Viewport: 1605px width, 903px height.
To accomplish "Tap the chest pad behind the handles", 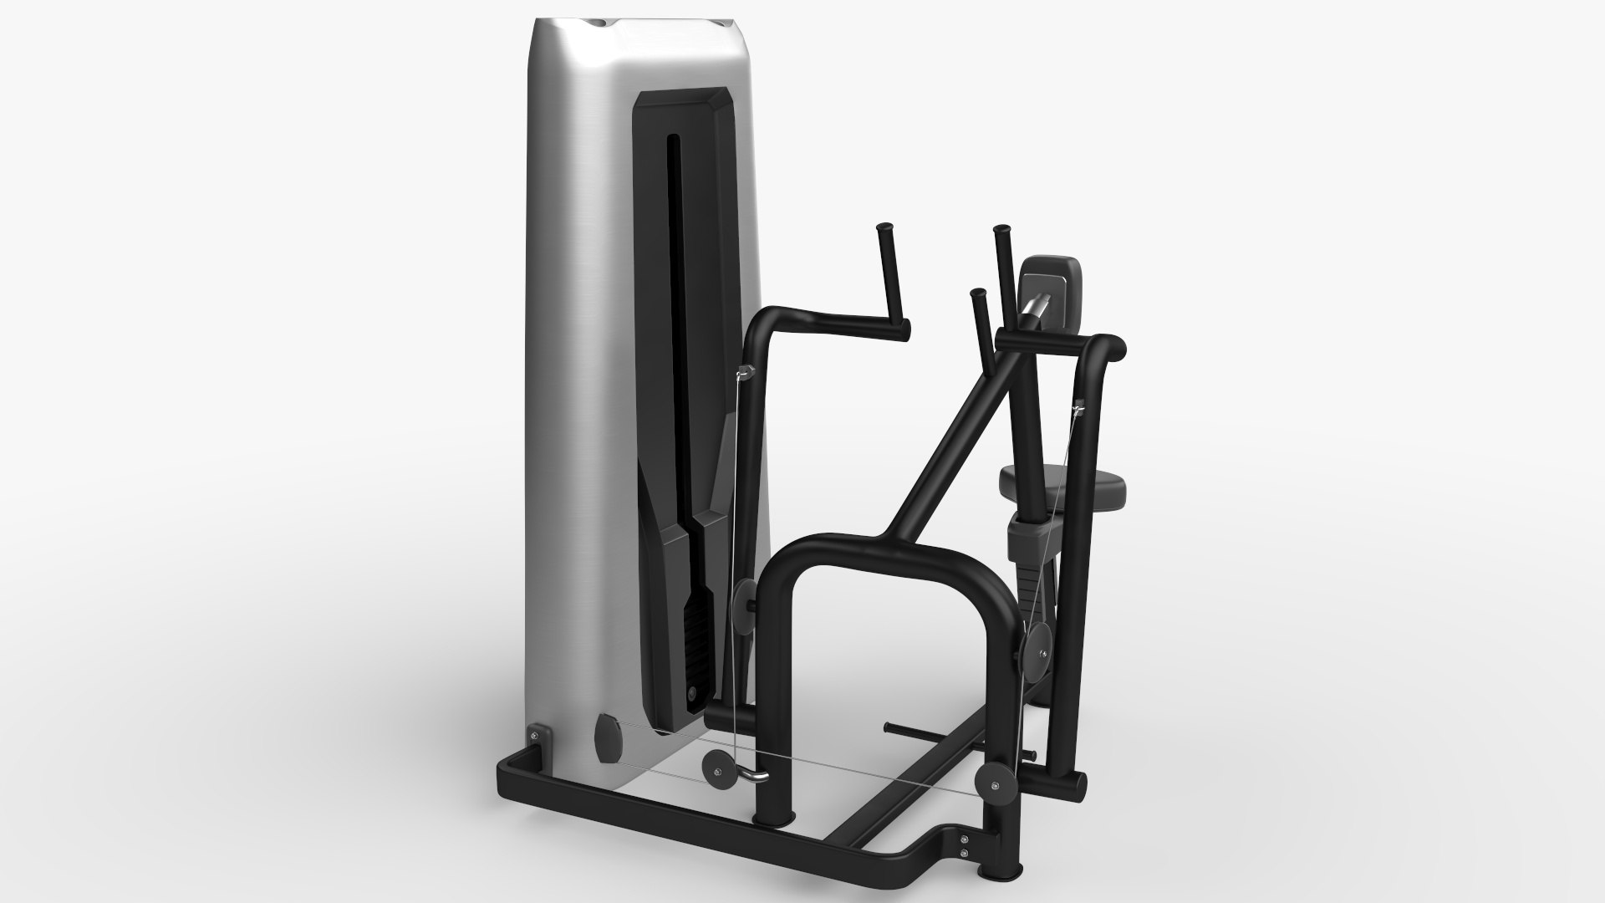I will tap(1052, 288).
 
